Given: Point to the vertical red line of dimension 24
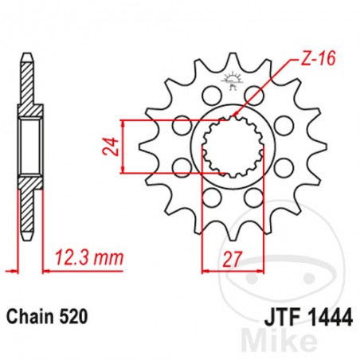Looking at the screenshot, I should [123, 147].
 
